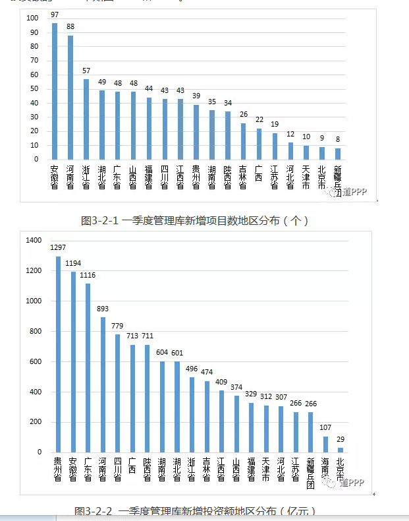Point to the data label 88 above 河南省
(70, 26)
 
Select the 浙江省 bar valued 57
(86, 119)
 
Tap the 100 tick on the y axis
(32, 18)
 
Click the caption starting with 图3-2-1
(194, 220)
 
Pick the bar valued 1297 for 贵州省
(58, 354)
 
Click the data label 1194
(72, 262)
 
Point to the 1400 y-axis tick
(34, 241)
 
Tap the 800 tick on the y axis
(34, 332)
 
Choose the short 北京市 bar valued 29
(341, 450)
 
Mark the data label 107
(325, 427)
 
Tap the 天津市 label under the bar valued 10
(306, 177)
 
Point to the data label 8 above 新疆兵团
(338, 139)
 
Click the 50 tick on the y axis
(34, 89)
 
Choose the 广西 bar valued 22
(259, 144)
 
